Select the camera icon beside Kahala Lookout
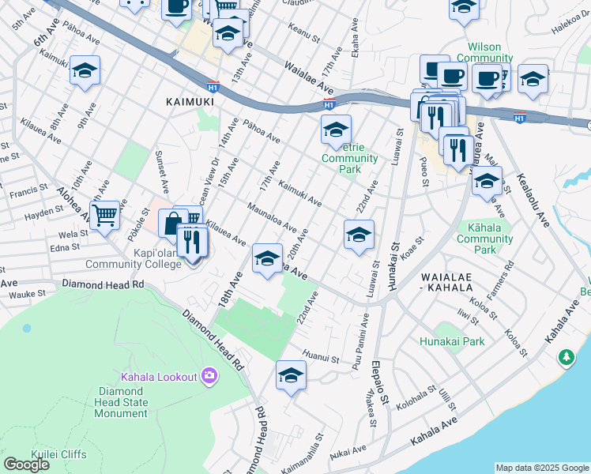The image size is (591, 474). point(209,376)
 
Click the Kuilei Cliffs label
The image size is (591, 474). point(58,453)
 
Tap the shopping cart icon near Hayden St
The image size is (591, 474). point(104,214)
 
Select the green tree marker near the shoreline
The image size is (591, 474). point(567,358)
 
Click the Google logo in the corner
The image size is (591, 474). point(26,464)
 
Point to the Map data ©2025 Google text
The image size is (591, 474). point(541,468)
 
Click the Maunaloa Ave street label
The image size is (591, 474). point(271,216)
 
